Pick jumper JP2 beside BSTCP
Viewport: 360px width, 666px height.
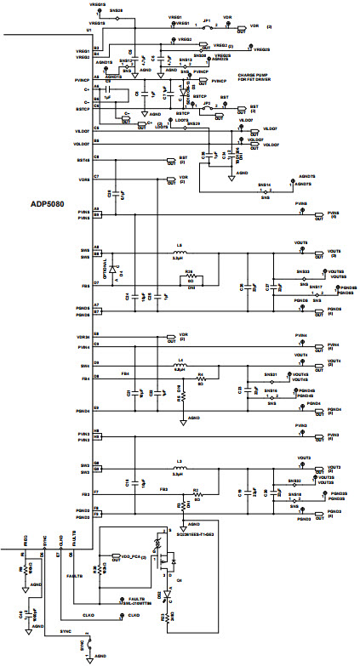tap(208, 109)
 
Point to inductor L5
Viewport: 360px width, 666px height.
tap(179, 250)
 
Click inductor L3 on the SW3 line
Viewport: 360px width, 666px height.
tap(179, 468)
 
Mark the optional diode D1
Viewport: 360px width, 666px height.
tap(122, 268)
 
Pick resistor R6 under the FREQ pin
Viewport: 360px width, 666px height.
tap(21, 571)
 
